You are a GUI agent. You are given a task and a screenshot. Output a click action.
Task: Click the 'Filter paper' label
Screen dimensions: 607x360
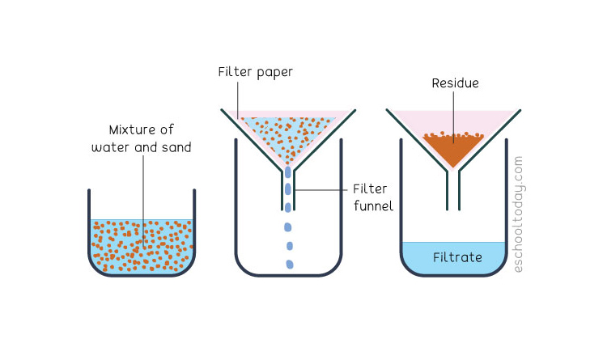255,73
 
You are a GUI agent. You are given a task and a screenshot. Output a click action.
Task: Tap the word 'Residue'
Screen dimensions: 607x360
455,83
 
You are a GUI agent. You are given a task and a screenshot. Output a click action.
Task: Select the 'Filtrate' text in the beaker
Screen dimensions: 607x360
457,257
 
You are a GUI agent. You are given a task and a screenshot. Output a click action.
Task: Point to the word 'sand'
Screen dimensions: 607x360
176,147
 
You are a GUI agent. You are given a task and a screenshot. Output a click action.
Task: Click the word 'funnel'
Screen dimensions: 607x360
373,205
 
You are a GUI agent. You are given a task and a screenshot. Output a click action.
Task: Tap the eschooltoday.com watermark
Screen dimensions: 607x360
518,214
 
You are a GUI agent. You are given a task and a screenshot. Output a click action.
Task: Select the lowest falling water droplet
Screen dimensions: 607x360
290,265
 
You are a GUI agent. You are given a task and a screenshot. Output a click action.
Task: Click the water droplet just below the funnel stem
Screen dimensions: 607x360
287,227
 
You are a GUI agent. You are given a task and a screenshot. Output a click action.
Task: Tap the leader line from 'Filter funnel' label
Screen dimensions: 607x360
321,189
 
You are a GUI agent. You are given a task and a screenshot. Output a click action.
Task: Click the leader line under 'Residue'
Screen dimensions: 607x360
454,117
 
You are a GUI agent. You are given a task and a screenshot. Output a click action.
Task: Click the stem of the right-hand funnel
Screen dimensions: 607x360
453,190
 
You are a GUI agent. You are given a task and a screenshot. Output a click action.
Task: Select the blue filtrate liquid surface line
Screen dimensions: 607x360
454,243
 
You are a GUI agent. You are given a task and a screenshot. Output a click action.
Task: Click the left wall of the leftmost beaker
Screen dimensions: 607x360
89,225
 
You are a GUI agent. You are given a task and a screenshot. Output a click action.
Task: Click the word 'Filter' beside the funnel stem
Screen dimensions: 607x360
370,189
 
